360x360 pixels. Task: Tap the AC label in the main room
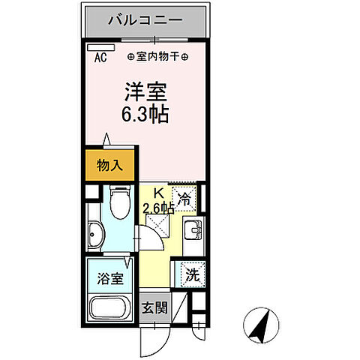click(100, 55)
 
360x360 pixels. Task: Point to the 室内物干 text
click(158, 56)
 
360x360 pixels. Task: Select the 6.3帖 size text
click(145, 115)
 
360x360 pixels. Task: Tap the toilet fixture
click(119, 203)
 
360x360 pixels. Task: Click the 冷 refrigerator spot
click(183, 200)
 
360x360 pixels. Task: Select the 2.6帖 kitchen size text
click(158, 208)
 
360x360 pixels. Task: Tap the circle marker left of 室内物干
click(131, 56)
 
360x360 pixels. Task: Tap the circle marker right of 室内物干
click(185, 56)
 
